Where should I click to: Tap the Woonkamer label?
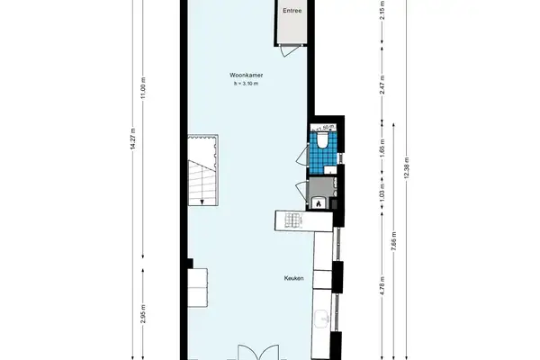click(245, 76)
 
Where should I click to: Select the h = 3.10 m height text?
click(245, 84)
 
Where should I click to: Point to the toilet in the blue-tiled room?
click(322, 141)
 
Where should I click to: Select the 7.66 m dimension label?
click(394, 244)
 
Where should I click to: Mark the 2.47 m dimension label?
click(382, 85)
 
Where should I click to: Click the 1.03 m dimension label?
click(382, 193)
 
